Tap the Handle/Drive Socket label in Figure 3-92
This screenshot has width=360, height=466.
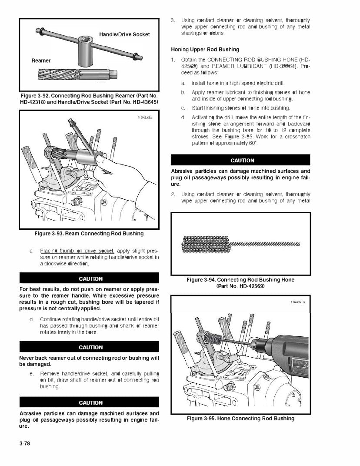(x=124, y=34)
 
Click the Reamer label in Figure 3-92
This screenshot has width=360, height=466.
(x=41, y=60)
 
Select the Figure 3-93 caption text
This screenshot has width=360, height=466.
(x=89, y=234)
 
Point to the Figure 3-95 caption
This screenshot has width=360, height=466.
(x=240, y=419)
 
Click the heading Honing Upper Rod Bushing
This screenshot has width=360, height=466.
(x=205, y=49)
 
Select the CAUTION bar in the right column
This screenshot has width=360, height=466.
(x=240, y=161)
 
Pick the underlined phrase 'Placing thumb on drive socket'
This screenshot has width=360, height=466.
(x=77, y=251)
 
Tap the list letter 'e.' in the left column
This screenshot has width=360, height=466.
(x=32, y=374)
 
